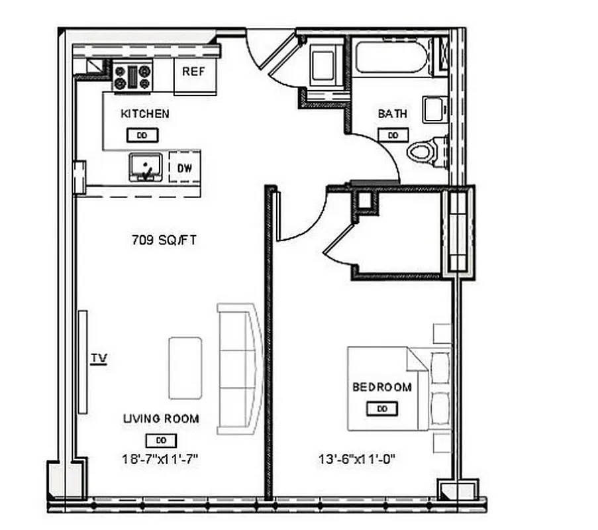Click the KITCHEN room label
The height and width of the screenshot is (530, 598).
tap(144, 114)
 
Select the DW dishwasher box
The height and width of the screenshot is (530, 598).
tap(185, 168)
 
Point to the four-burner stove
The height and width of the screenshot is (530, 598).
tap(132, 76)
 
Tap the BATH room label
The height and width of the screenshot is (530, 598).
tap(392, 114)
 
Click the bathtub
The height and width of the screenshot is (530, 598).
tap(391, 58)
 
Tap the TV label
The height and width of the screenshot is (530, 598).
tap(99, 358)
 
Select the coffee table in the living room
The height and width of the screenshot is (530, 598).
tap(185, 368)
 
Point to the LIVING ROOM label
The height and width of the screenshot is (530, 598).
tap(161, 419)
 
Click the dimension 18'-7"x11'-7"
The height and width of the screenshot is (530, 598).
tap(161, 458)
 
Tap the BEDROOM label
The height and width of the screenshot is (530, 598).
tap(381, 388)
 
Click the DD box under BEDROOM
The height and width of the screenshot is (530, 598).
tap(382, 409)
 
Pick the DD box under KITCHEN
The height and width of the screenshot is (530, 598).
tap(142, 135)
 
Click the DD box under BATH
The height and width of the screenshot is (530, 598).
tap(393, 134)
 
